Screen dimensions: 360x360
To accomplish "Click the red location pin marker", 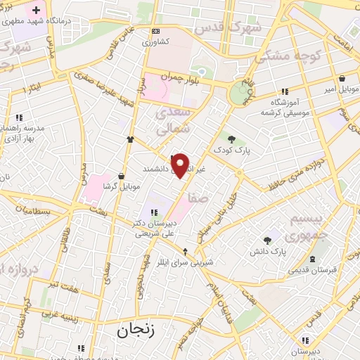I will [181, 165].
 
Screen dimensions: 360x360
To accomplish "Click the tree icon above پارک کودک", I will [232, 139].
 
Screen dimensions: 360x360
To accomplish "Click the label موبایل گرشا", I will [122, 186].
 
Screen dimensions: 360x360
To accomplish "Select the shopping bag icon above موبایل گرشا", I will [122, 176].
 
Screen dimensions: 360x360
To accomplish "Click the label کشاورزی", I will [155, 42].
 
